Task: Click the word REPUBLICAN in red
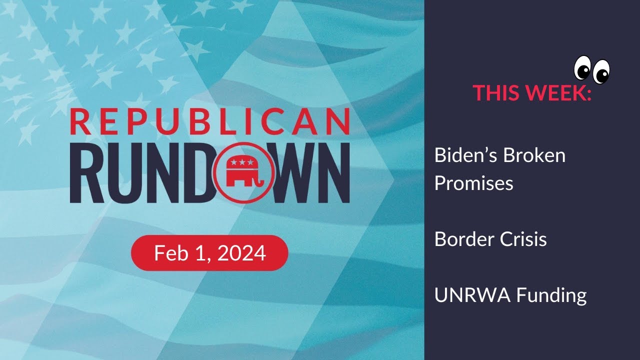210,121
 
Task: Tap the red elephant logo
243,172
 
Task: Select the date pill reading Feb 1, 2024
209,253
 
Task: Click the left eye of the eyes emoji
582,68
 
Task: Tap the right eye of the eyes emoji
601,71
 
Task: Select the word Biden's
466,155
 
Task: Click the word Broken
534,155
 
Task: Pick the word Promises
474,183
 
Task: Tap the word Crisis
523,239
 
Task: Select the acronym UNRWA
472,295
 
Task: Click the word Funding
551,295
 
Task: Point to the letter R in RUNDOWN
87,173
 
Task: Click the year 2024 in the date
241,253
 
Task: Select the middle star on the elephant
242,162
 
